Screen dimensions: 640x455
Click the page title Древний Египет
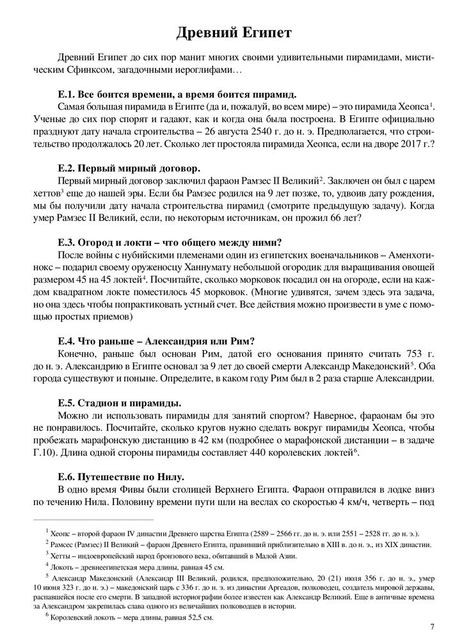(227, 31)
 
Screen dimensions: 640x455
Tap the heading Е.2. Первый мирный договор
(129, 169)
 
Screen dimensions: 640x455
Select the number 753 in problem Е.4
(392, 353)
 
